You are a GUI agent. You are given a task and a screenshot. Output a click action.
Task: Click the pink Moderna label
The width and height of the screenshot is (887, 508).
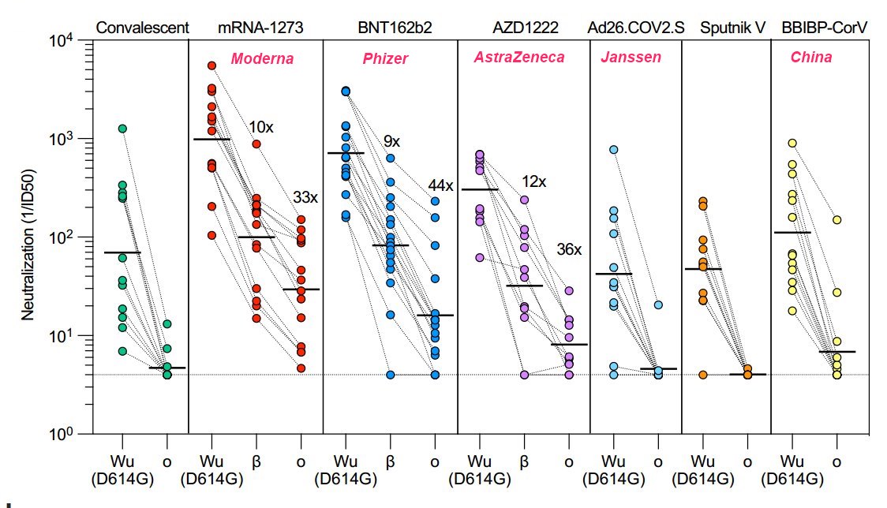coord(262,59)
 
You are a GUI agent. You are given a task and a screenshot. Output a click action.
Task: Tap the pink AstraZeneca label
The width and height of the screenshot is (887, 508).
coord(520,58)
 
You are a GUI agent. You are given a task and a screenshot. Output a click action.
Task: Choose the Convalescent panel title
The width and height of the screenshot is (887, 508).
coord(142,28)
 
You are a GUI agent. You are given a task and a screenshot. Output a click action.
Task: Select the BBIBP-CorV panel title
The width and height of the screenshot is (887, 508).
coord(823,28)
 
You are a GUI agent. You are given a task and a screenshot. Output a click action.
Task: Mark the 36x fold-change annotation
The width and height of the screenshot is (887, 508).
coord(568,249)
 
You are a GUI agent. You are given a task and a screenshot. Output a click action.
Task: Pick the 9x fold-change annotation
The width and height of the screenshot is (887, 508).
coord(391,142)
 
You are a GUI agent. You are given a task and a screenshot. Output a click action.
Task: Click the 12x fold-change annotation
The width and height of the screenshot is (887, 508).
coord(533,182)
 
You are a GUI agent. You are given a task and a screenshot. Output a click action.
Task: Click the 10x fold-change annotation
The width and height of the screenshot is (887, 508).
coord(261,128)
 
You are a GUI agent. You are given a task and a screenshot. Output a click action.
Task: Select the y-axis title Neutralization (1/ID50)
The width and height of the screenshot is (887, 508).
coord(29,237)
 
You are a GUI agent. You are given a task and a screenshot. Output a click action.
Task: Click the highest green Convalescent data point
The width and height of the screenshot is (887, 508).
coord(122,129)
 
